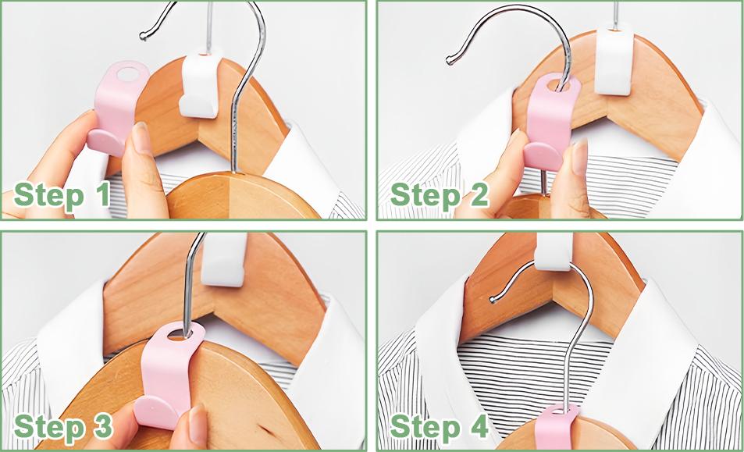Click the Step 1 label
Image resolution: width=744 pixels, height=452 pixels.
(x=62, y=195)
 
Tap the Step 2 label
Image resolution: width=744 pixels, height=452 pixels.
(x=439, y=195)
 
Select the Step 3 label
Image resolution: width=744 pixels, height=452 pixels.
(x=63, y=426)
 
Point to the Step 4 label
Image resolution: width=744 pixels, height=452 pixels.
(x=439, y=426)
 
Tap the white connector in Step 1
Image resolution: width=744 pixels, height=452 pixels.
(x=199, y=85)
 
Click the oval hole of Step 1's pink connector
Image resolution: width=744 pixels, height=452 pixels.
(x=126, y=73)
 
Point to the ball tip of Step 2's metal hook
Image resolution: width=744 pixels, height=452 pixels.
(x=449, y=60)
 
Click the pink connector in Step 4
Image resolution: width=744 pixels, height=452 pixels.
(x=558, y=427)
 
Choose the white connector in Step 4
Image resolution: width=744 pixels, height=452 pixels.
(x=553, y=251)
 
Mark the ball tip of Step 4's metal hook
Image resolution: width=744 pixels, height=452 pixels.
(x=494, y=300)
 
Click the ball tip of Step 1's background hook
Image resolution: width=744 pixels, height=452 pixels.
(x=142, y=36)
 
